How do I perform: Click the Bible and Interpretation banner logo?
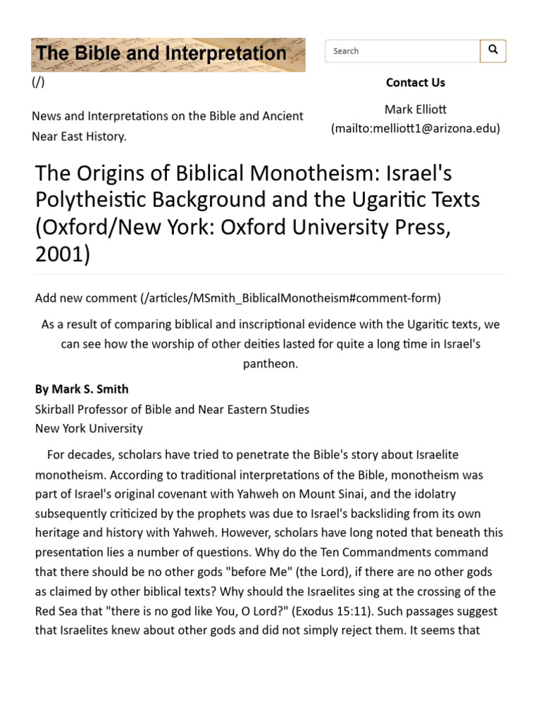pyautogui.click(x=168, y=54)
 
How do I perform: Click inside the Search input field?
pyautogui.click(x=402, y=51)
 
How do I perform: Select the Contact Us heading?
pyautogui.click(x=415, y=82)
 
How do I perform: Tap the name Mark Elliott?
pyautogui.click(x=415, y=109)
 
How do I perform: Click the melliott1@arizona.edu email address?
pyautogui.click(x=416, y=128)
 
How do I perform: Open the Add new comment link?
pyautogui.click(x=238, y=298)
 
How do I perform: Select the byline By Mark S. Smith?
pyautogui.click(x=82, y=389)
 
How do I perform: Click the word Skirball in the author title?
pyautogui.click(x=57, y=409)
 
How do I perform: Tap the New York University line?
pyautogui.click(x=89, y=428)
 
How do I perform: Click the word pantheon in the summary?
pyautogui.click(x=270, y=363)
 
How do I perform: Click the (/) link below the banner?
pyautogui.click(x=38, y=82)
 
